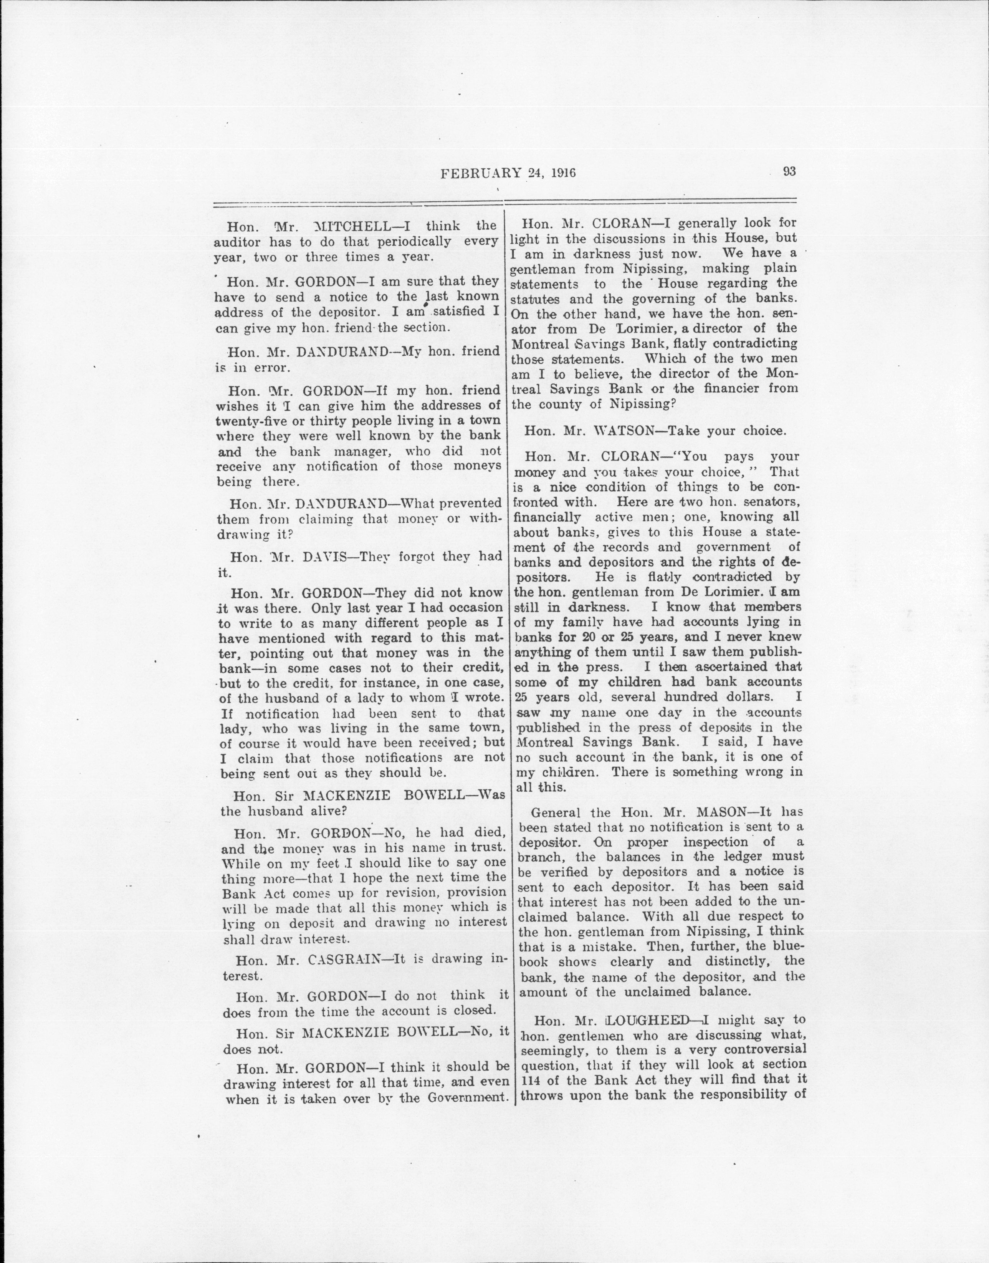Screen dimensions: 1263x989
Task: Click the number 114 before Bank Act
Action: (531, 1080)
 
